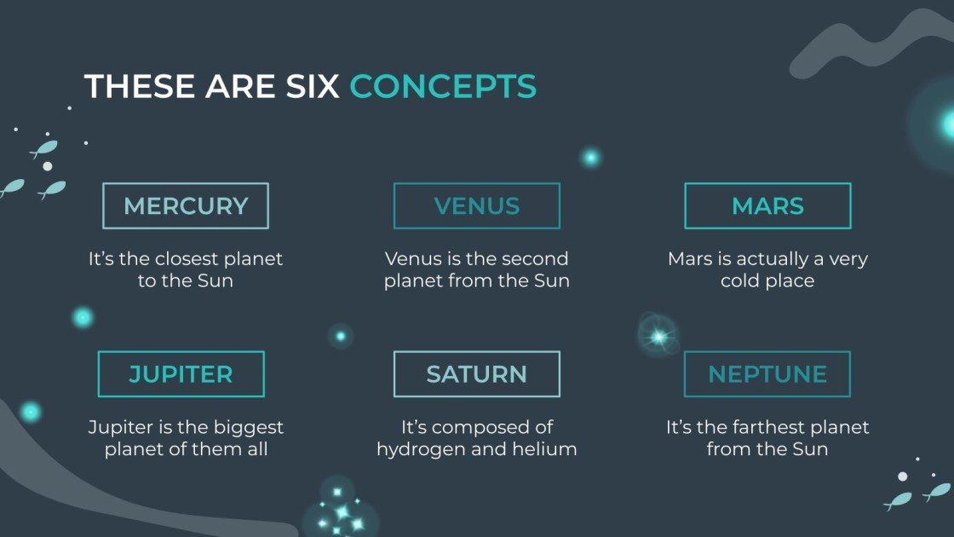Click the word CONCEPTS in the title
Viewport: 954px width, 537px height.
point(443,86)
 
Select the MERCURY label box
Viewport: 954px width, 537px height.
point(186,205)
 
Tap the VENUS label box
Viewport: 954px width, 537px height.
point(476,205)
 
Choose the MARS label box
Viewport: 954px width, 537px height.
point(767,205)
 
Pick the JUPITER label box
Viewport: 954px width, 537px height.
point(181,374)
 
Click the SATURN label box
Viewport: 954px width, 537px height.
point(476,374)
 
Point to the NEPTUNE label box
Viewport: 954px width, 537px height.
point(767,374)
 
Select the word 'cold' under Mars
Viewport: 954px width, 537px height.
point(739,280)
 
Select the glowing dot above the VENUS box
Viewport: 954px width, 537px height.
point(590,157)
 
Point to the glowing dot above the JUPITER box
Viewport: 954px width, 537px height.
point(83,318)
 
